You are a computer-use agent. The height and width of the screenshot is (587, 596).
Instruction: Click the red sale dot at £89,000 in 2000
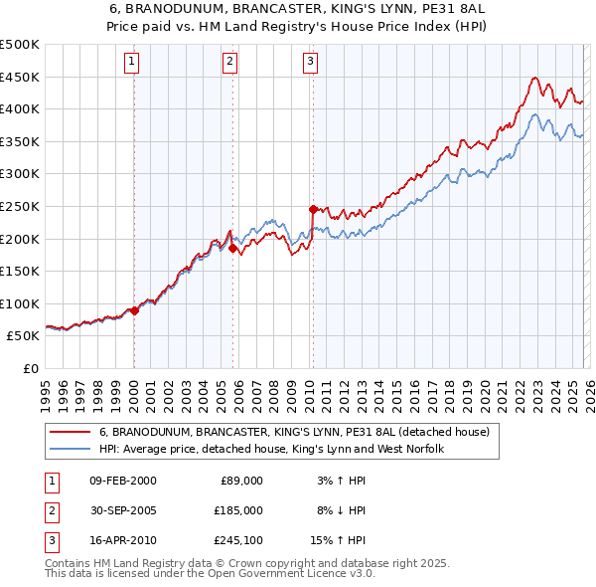point(134,310)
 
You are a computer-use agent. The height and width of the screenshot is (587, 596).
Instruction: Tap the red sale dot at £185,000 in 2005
point(233,249)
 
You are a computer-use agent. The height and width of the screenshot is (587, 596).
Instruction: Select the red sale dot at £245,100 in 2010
point(313,209)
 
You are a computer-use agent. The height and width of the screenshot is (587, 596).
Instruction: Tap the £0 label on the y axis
point(30,368)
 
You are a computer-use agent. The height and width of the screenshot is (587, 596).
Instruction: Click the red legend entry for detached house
point(294,433)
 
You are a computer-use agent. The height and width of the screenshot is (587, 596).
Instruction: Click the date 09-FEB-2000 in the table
point(122,480)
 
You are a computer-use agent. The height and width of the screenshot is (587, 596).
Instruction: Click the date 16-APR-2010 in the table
point(122,540)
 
